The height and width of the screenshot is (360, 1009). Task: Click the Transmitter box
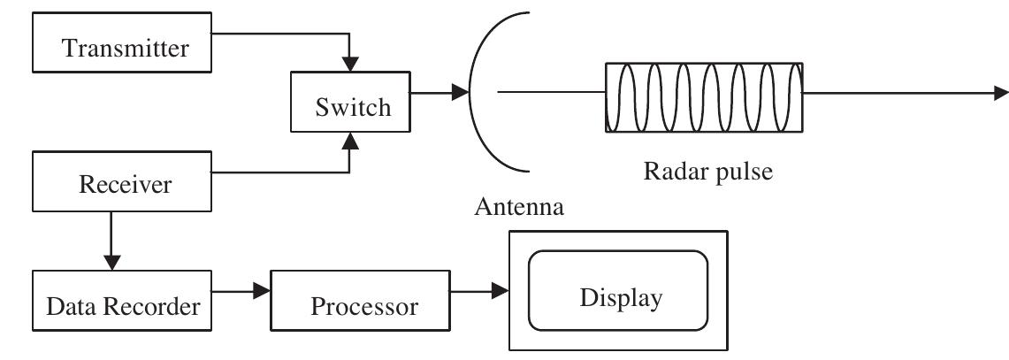tap(125, 48)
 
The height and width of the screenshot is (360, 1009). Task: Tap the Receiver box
tap(125, 184)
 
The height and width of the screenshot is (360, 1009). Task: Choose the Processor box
tap(363, 306)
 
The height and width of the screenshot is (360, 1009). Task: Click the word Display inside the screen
tap(620, 298)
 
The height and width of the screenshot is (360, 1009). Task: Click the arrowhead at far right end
tap(1000, 92)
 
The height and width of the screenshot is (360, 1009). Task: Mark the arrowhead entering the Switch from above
tap(351, 64)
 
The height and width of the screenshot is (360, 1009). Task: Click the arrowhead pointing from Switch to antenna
tap(459, 91)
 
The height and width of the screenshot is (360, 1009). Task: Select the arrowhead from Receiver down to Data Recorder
tap(112, 262)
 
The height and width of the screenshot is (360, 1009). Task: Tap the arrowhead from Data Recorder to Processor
tap(263, 289)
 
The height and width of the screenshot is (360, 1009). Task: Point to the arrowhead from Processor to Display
tap(500, 289)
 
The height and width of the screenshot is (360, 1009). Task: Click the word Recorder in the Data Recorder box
tap(158, 307)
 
